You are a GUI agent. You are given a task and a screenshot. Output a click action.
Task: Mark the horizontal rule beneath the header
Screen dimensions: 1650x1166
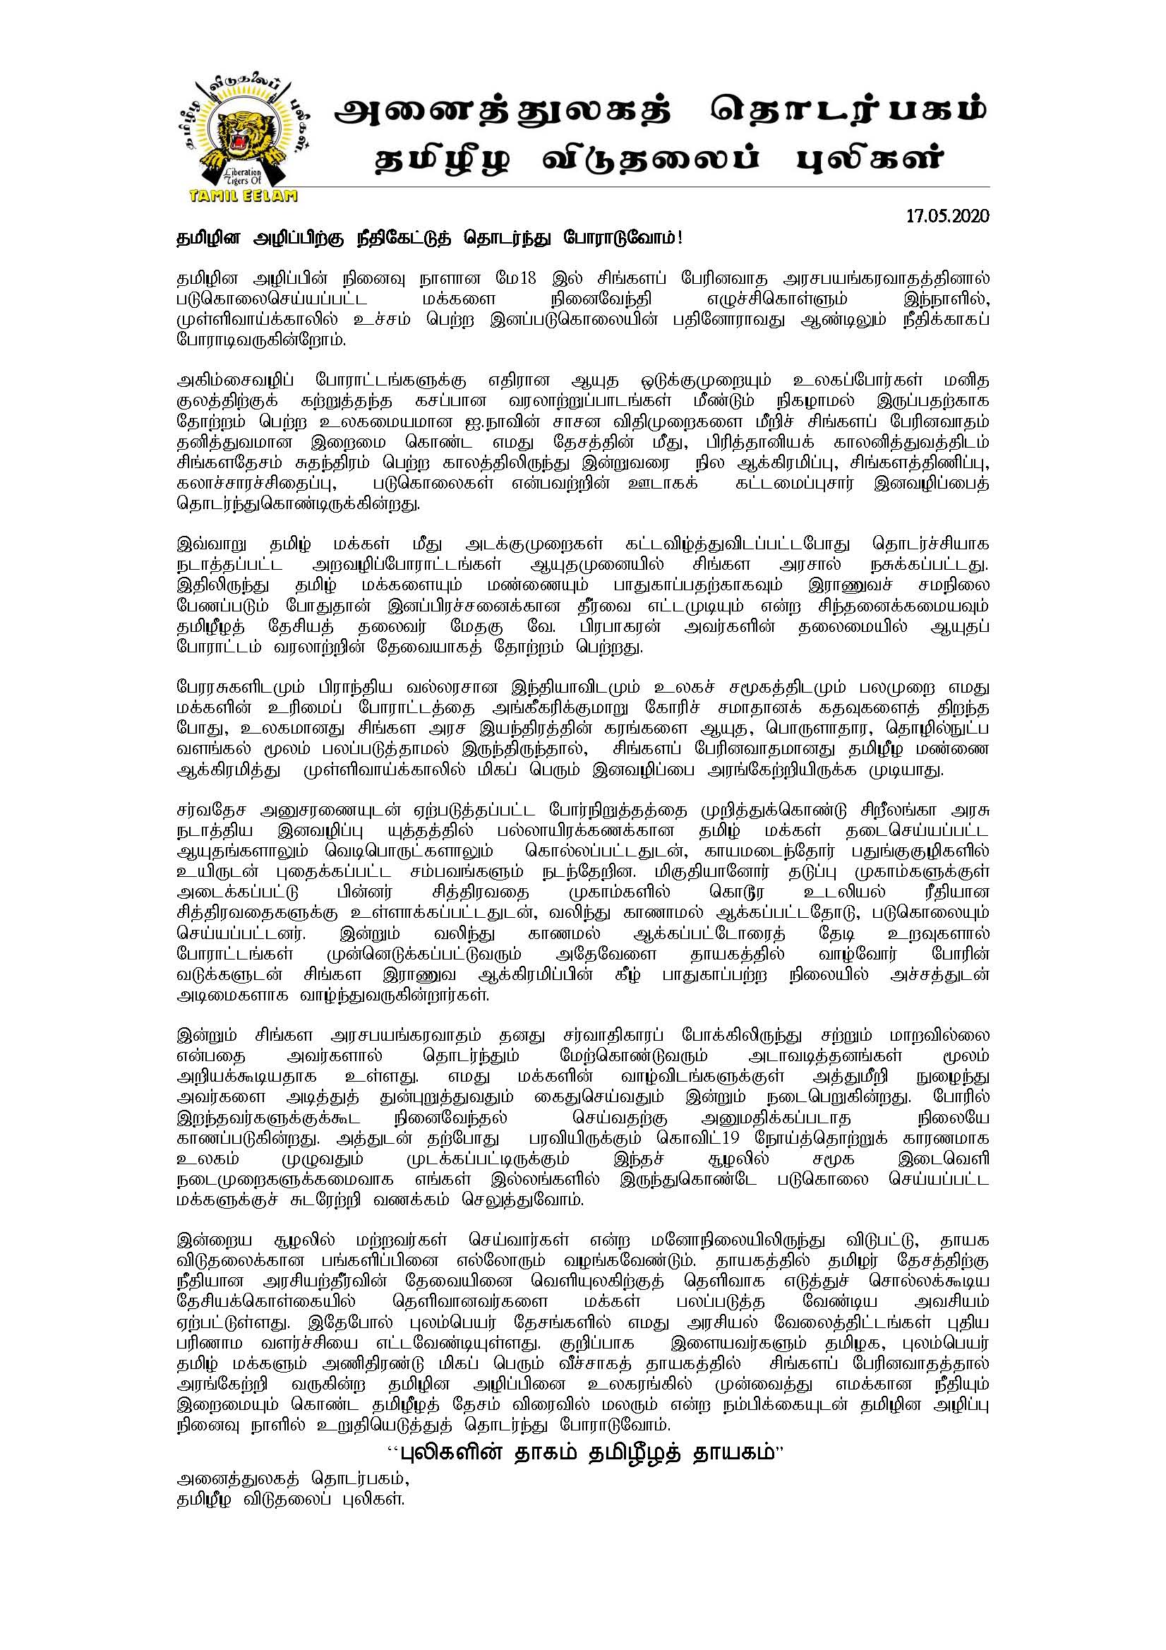[582, 187]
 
